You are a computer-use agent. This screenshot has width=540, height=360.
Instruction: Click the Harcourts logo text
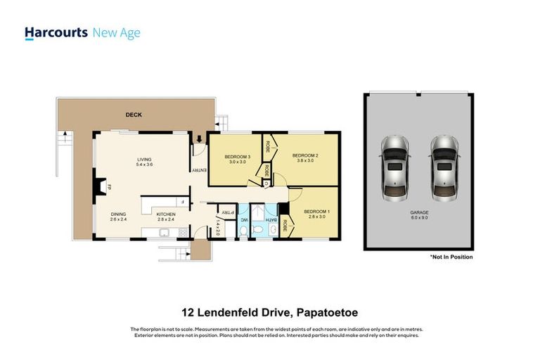[56, 32]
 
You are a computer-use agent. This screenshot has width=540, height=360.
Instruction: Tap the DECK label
[134, 115]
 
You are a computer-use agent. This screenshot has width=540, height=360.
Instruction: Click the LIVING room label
[144, 160]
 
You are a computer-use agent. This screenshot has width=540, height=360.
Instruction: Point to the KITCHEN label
[165, 214]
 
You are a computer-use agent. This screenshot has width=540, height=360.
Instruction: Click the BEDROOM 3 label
[236, 156]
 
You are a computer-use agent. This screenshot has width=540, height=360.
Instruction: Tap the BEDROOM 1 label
[316, 212]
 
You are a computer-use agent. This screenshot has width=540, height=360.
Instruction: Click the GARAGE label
[419, 212]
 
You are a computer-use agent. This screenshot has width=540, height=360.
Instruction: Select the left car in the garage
[394, 167]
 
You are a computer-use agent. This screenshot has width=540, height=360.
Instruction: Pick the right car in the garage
[444, 167]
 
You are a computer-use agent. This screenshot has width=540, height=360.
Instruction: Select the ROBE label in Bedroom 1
[285, 225]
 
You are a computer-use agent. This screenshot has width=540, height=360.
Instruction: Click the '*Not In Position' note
[451, 257]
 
